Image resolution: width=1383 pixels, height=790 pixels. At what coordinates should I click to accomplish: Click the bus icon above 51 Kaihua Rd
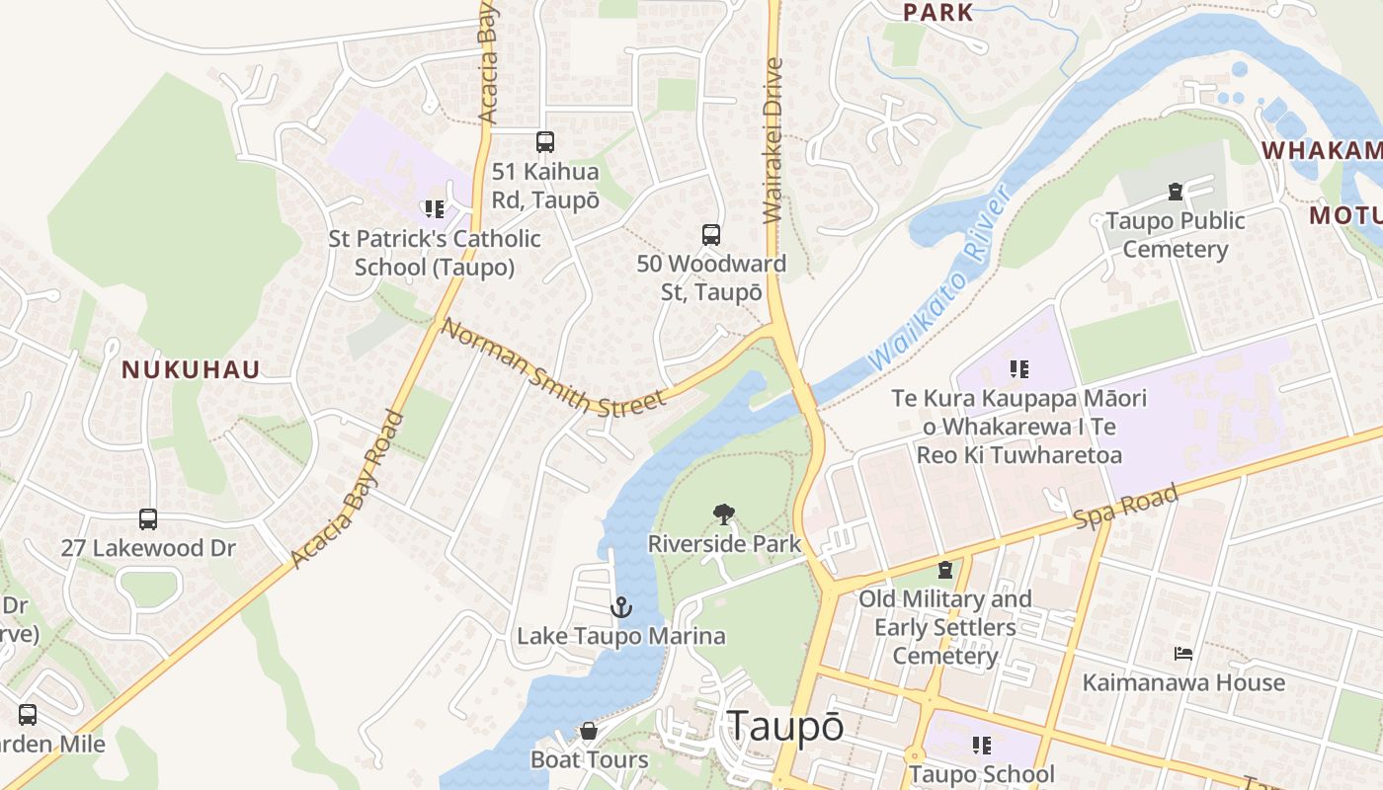pos(544,142)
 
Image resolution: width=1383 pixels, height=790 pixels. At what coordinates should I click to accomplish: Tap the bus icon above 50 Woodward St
pos(711,235)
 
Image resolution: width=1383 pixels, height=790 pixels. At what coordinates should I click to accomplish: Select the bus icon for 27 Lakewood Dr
pos(148,518)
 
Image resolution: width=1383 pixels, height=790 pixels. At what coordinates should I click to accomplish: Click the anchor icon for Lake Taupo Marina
pos(620,606)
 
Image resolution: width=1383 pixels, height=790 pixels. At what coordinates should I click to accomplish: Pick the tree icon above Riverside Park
pos(724,513)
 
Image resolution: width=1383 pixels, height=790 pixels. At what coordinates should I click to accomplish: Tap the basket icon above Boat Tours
pos(589,731)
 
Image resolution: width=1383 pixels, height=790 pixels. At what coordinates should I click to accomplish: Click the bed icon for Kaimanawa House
pos(1183,654)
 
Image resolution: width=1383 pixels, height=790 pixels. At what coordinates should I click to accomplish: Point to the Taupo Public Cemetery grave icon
pos(1175,191)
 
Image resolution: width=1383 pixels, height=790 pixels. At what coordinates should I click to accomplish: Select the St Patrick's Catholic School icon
pos(434,208)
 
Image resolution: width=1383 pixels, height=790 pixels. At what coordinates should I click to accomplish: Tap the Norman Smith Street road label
pos(553,366)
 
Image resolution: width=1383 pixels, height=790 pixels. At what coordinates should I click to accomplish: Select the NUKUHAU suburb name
pos(191,370)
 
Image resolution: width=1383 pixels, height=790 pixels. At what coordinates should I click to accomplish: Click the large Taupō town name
pos(785,727)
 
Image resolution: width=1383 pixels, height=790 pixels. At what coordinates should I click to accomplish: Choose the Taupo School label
pos(981,774)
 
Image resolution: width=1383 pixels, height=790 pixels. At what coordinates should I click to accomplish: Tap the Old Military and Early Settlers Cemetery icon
pos(945,570)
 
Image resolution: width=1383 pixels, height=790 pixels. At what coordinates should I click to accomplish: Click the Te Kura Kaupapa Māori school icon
pos(1018,369)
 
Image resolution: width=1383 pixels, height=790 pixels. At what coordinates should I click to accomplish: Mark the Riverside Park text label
pos(724,544)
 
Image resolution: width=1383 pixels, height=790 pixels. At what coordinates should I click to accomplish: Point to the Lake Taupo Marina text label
pos(621,636)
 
